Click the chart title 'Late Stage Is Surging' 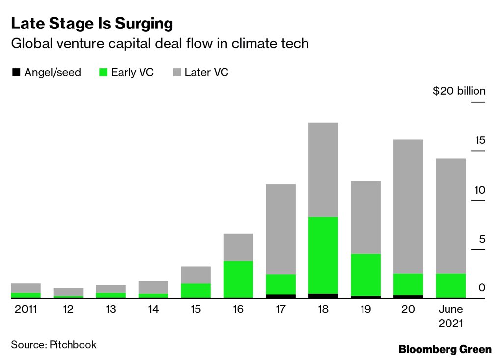pos(92,24)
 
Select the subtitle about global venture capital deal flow pos(160,44)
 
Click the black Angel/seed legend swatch pos(16,73)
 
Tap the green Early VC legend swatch pos(103,73)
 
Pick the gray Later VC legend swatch pos(176,73)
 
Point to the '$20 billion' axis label pos(458,91)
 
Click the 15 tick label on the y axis pos(479,140)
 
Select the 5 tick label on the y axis pos(482,239)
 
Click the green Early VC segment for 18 pos(323,254)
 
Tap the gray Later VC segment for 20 pos(408,206)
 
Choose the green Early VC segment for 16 pos(238,279)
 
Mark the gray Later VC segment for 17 pos(280,229)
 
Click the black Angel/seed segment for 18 pos(323,296)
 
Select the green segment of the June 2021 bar pos(450,285)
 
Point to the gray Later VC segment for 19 pos(365,217)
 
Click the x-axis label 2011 pos(26,309)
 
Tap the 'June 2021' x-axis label pos(450,316)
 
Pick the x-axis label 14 pos(153,309)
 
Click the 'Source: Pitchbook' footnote pos(54,344)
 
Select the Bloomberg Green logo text pos(445,349)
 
